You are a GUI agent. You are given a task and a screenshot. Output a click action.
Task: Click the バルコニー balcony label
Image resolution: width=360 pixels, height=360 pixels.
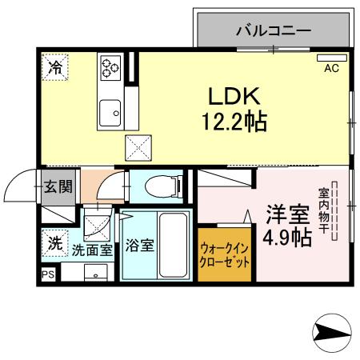(273, 32)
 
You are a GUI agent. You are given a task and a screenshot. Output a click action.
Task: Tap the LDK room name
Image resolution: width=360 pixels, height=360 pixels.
(234, 97)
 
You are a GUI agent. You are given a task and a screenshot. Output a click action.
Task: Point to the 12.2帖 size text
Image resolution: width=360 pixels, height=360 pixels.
(234, 122)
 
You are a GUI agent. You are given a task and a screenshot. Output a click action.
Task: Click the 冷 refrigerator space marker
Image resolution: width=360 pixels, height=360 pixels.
(56, 67)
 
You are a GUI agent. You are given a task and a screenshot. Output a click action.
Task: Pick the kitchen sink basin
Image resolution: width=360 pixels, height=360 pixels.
(110, 114)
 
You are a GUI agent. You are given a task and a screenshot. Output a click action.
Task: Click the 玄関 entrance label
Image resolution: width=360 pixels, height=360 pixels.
(58, 188)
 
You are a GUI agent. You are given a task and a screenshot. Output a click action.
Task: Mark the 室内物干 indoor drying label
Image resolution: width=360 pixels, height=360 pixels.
(325, 210)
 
